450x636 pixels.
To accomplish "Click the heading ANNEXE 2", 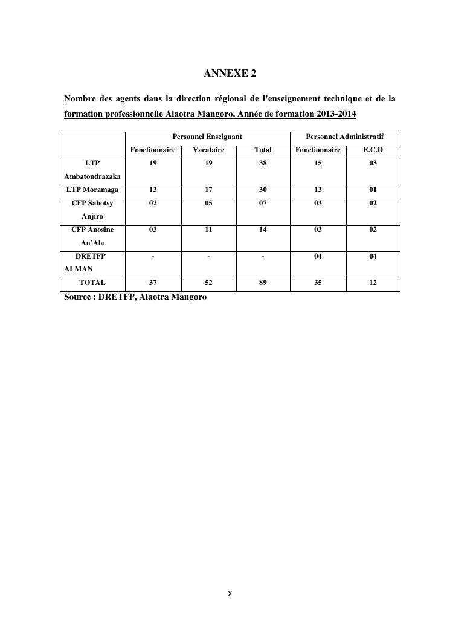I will click(x=230, y=74).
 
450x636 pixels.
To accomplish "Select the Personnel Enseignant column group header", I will click(x=207, y=137).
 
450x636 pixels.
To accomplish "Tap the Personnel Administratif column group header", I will click(x=344, y=137).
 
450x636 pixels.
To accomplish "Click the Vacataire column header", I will click(x=208, y=150).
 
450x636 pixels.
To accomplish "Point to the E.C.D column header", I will click(x=373, y=150).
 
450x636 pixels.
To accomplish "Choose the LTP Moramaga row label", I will click(x=92, y=190).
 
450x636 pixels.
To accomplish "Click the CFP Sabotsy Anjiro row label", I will click(x=92, y=210).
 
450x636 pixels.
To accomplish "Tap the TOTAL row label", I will click(x=92, y=283).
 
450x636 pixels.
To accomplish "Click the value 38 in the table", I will click(x=263, y=164).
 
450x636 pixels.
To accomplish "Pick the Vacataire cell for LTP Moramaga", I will click(x=208, y=190).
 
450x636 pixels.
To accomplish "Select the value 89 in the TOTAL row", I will click(x=263, y=283).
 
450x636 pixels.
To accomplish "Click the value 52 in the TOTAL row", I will click(x=208, y=283).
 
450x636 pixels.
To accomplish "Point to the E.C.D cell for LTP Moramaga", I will click(x=373, y=190).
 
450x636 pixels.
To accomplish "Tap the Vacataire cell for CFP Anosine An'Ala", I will click(x=208, y=230).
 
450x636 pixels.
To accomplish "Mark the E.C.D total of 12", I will click(x=373, y=283).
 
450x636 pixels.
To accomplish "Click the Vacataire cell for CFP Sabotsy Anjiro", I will click(x=208, y=204).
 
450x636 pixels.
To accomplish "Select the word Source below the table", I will click(x=77, y=297).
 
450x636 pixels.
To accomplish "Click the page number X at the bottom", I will click(x=230, y=594).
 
